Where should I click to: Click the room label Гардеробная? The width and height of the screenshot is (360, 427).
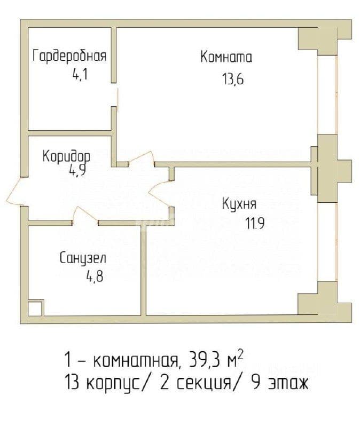coord(69,57)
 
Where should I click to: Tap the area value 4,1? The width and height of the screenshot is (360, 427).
coord(80,74)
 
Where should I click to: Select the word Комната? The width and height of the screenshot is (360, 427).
coord(226,57)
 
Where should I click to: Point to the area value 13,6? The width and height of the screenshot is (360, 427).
coord(232,79)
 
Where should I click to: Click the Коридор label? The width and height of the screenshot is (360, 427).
coord(66,156)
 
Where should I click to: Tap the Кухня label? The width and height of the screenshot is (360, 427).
coord(239,204)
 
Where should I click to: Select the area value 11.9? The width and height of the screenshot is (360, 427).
coord(255,224)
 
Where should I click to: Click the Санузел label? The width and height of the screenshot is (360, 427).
coord(83,258)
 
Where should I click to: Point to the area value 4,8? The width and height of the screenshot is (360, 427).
coord(95,277)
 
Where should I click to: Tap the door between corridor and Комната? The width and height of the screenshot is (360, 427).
coord(142,158)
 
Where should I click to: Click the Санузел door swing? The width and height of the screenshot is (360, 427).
coord(85,216)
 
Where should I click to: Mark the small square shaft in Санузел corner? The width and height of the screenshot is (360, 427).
coord(35,309)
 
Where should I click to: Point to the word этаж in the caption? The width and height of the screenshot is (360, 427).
coord(288,383)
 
